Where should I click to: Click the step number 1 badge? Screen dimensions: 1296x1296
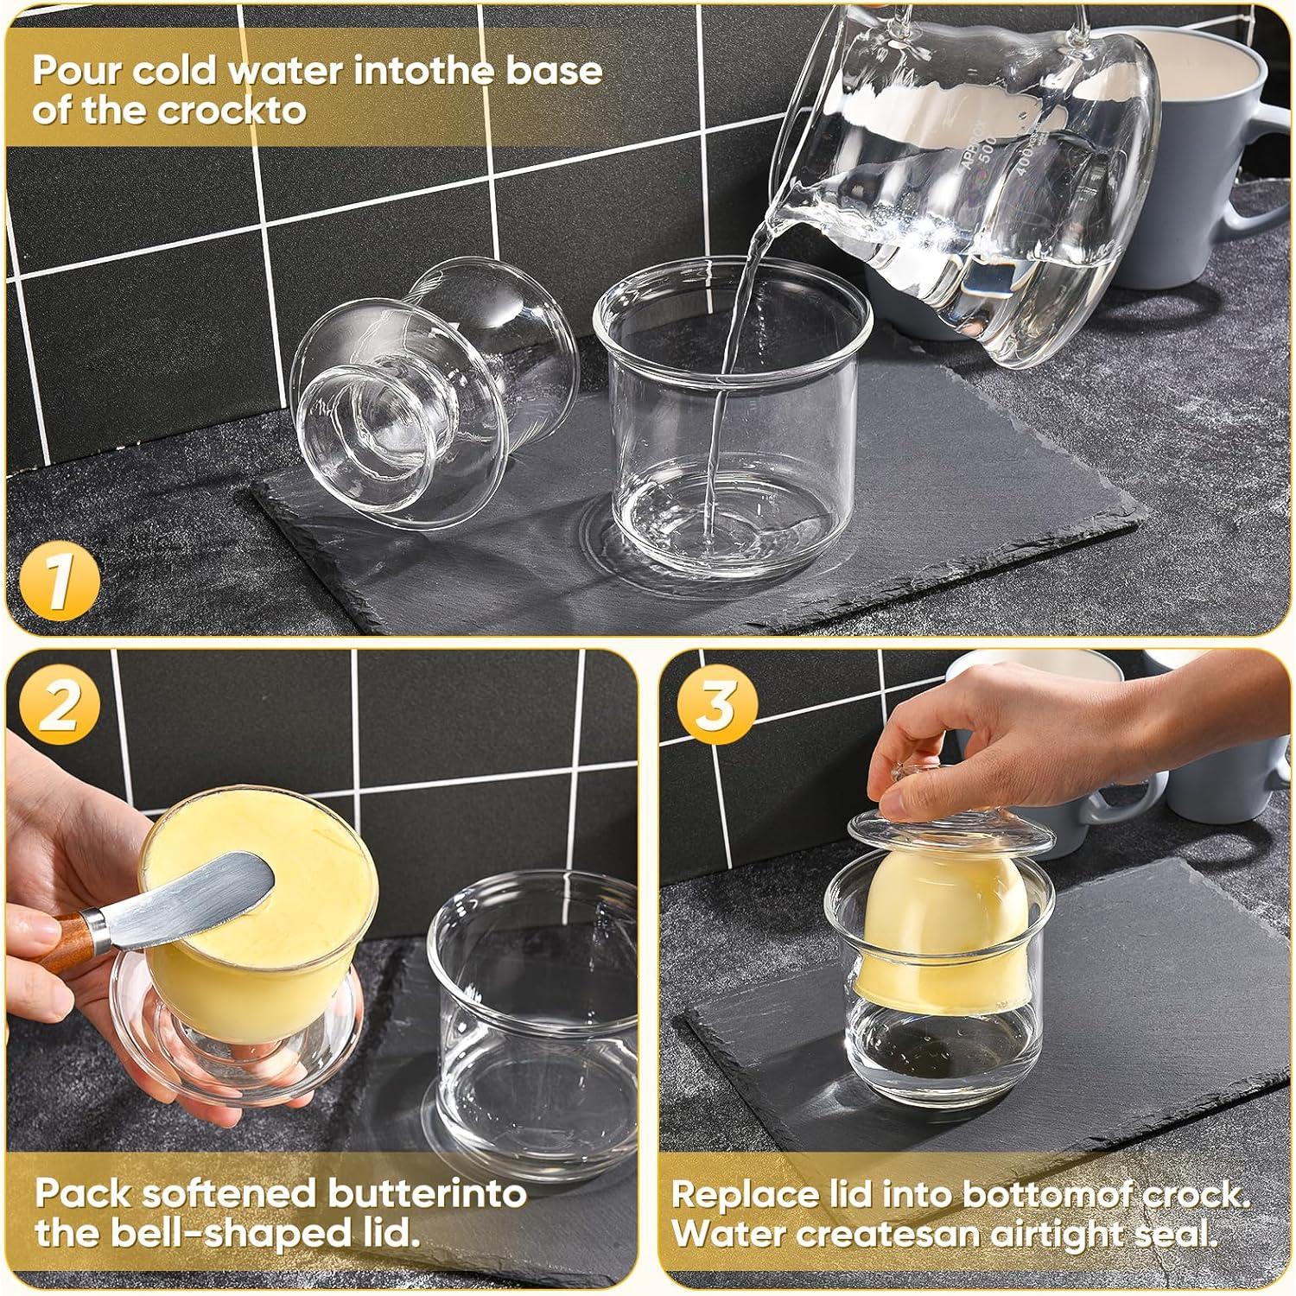pos(59,581)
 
